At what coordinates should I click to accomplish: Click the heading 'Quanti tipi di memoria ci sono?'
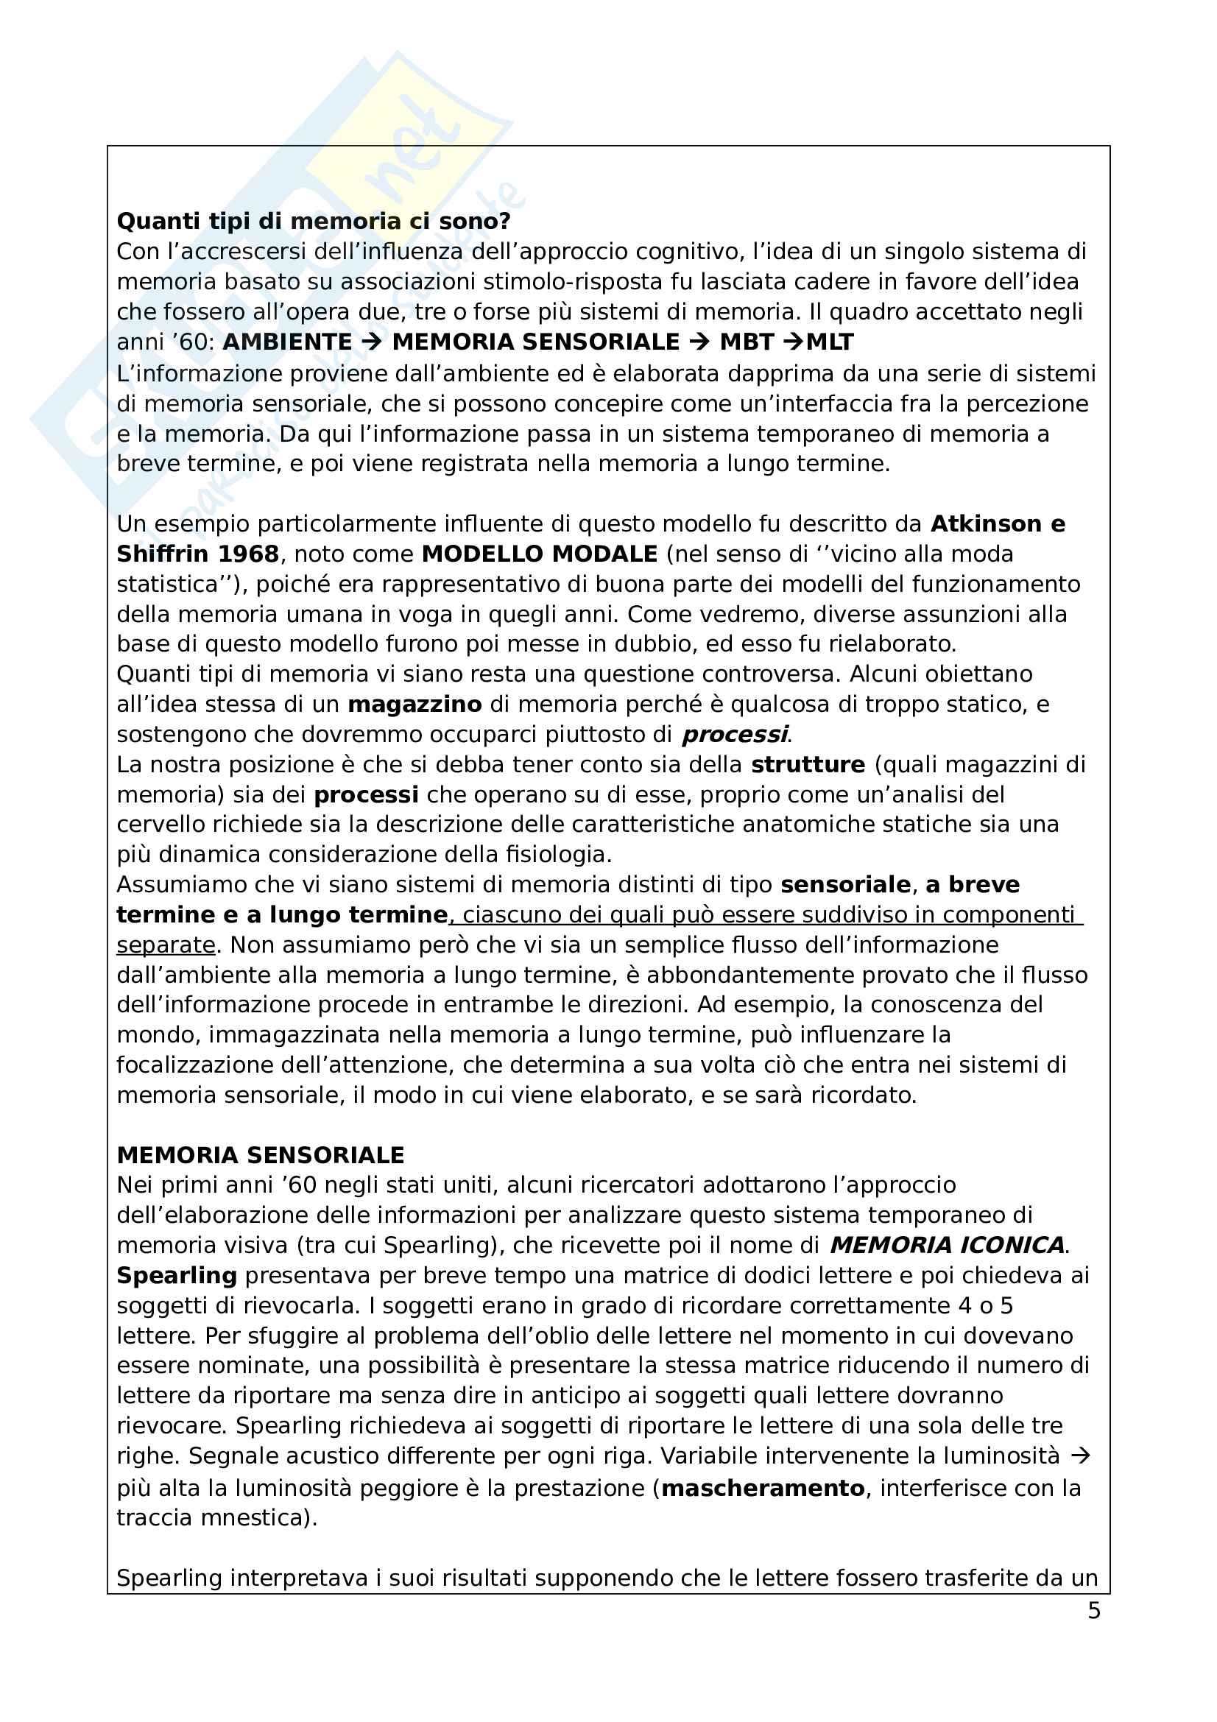(314, 222)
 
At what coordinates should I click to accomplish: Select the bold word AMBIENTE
(287, 342)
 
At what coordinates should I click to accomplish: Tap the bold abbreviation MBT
(746, 342)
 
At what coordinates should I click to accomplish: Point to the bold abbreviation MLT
(830, 342)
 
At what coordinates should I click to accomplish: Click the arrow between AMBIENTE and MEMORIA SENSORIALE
(371, 342)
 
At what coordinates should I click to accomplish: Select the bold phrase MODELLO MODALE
(540, 554)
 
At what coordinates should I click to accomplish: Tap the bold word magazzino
(415, 705)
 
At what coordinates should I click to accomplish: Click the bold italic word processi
(734, 734)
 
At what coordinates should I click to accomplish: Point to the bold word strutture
(808, 764)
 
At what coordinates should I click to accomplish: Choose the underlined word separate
(166, 945)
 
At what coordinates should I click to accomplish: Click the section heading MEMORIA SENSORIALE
(260, 1155)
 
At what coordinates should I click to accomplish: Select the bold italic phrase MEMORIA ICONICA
(948, 1246)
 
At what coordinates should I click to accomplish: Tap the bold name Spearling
(177, 1276)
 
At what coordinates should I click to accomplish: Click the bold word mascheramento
(763, 1488)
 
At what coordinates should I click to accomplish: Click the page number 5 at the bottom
(1094, 1611)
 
